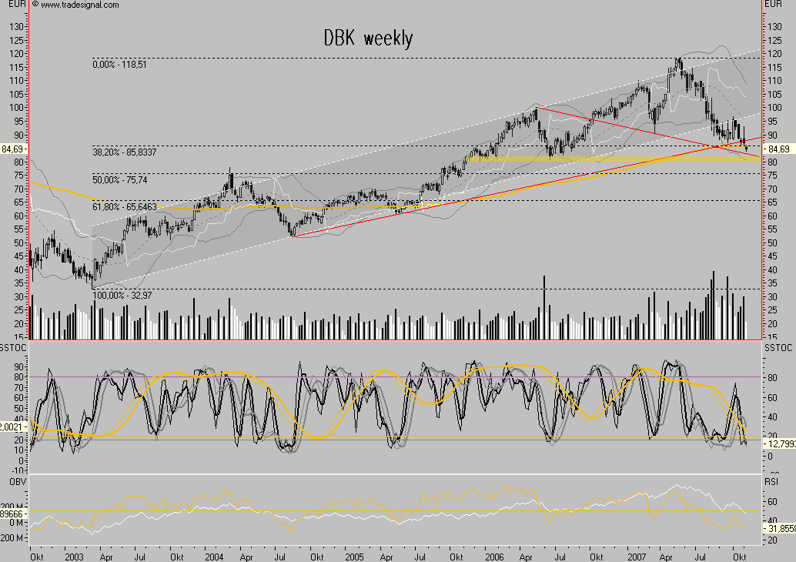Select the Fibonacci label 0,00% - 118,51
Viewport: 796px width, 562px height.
119,65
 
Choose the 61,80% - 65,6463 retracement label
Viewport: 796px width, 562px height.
125,207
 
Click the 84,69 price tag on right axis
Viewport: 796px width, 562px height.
778,149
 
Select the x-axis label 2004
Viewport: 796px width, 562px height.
213,555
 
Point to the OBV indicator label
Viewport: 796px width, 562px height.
9,481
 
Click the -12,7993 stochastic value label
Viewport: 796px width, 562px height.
778,444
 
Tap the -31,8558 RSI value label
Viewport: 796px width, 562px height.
778,529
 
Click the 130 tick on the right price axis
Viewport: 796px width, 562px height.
773,25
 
